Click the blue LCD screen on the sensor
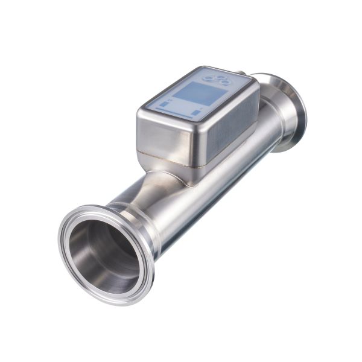click(197, 94)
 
